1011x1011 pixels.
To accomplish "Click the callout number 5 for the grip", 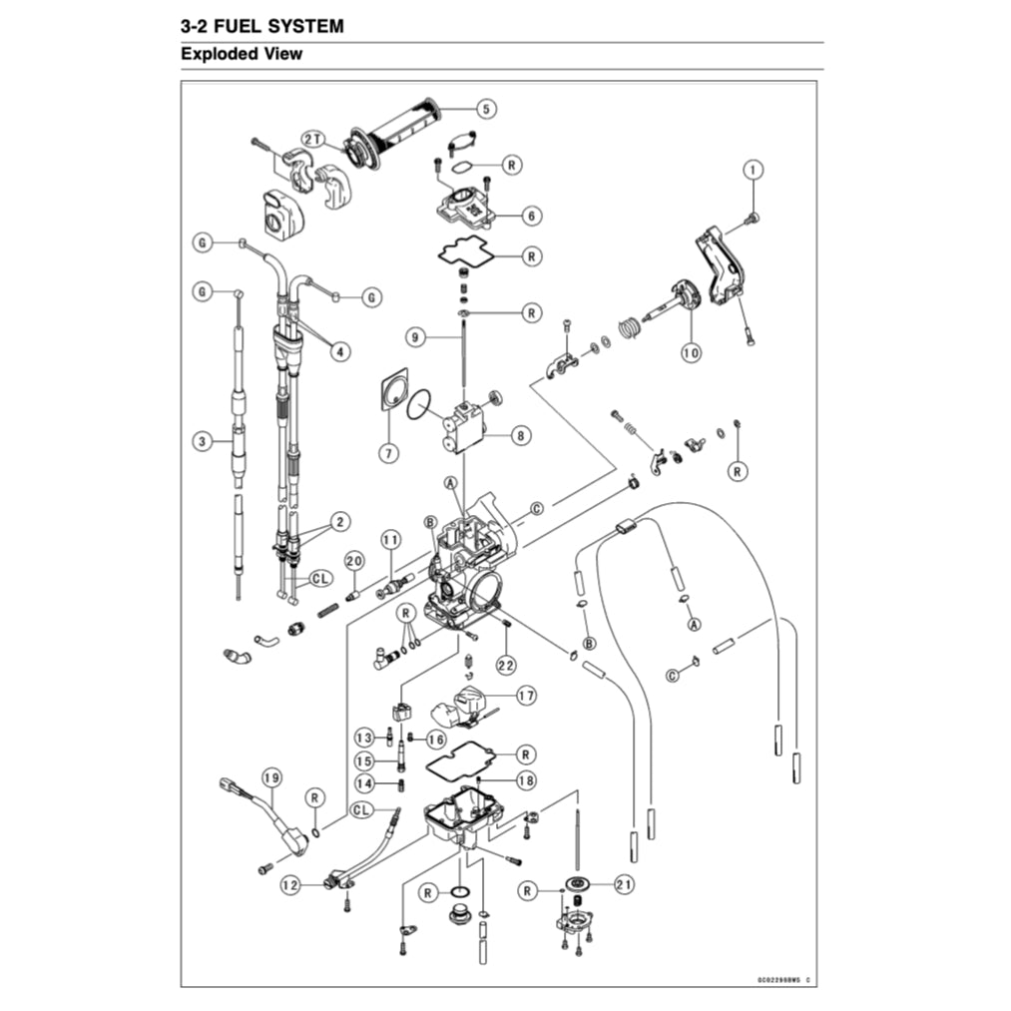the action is [486, 109].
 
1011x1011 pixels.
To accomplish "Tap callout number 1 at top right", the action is [753, 169].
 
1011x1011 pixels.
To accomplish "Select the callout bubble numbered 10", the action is [689, 352].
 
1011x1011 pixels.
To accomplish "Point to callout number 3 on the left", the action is [203, 440].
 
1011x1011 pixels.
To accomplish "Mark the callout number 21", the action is [624, 884].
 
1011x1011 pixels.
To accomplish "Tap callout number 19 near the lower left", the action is [270, 777].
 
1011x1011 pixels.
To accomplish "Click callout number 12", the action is [290, 884].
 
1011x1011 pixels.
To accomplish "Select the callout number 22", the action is [506, 664].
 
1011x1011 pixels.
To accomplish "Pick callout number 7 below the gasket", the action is [388, 452].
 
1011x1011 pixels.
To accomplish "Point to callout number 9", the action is [418, 337].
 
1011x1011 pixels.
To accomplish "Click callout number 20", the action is [353, 562].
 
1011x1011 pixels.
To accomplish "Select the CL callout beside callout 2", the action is [320, 578].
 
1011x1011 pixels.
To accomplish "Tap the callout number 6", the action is [530, 215].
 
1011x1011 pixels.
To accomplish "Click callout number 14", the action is [365, 783].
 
